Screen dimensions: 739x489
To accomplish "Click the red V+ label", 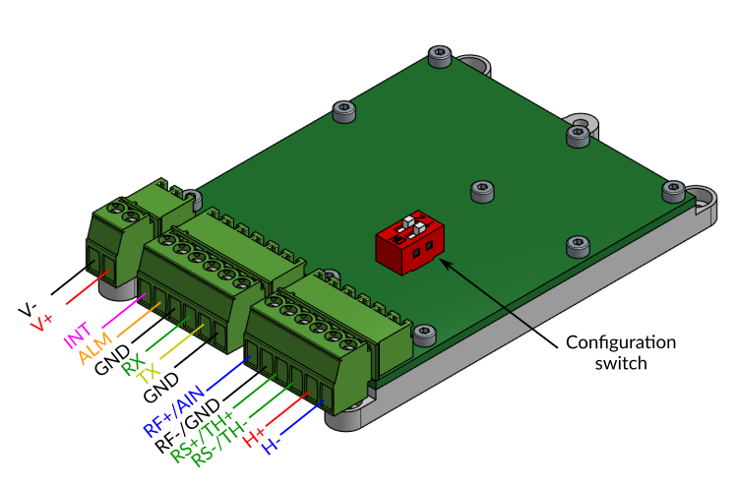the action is [41, 323].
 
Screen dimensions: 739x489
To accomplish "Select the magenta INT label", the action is [77, 335].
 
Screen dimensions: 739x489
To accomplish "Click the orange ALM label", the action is [95, 348].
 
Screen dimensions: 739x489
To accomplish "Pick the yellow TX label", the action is [148, 374].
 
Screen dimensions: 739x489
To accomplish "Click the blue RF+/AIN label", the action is [174, 411].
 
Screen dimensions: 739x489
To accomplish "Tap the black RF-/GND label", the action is [188, 425].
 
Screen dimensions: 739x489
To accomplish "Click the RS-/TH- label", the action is [219, 444].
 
